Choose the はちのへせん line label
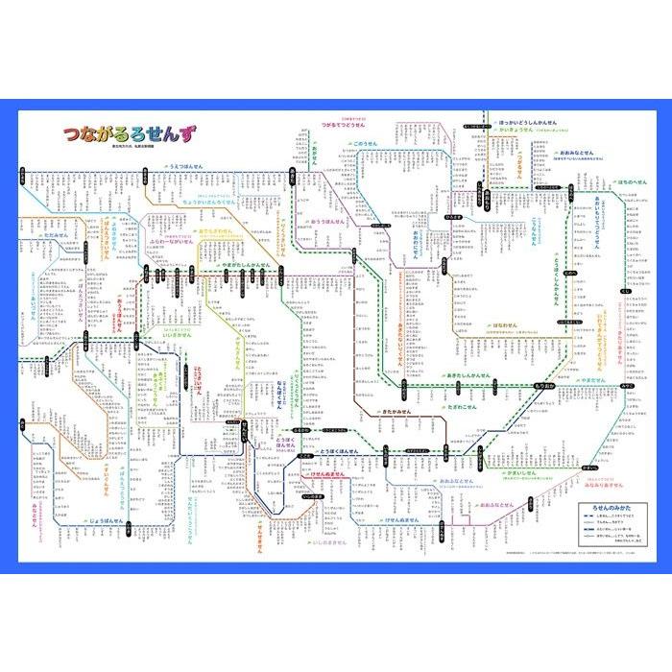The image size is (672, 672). point(637,181)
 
